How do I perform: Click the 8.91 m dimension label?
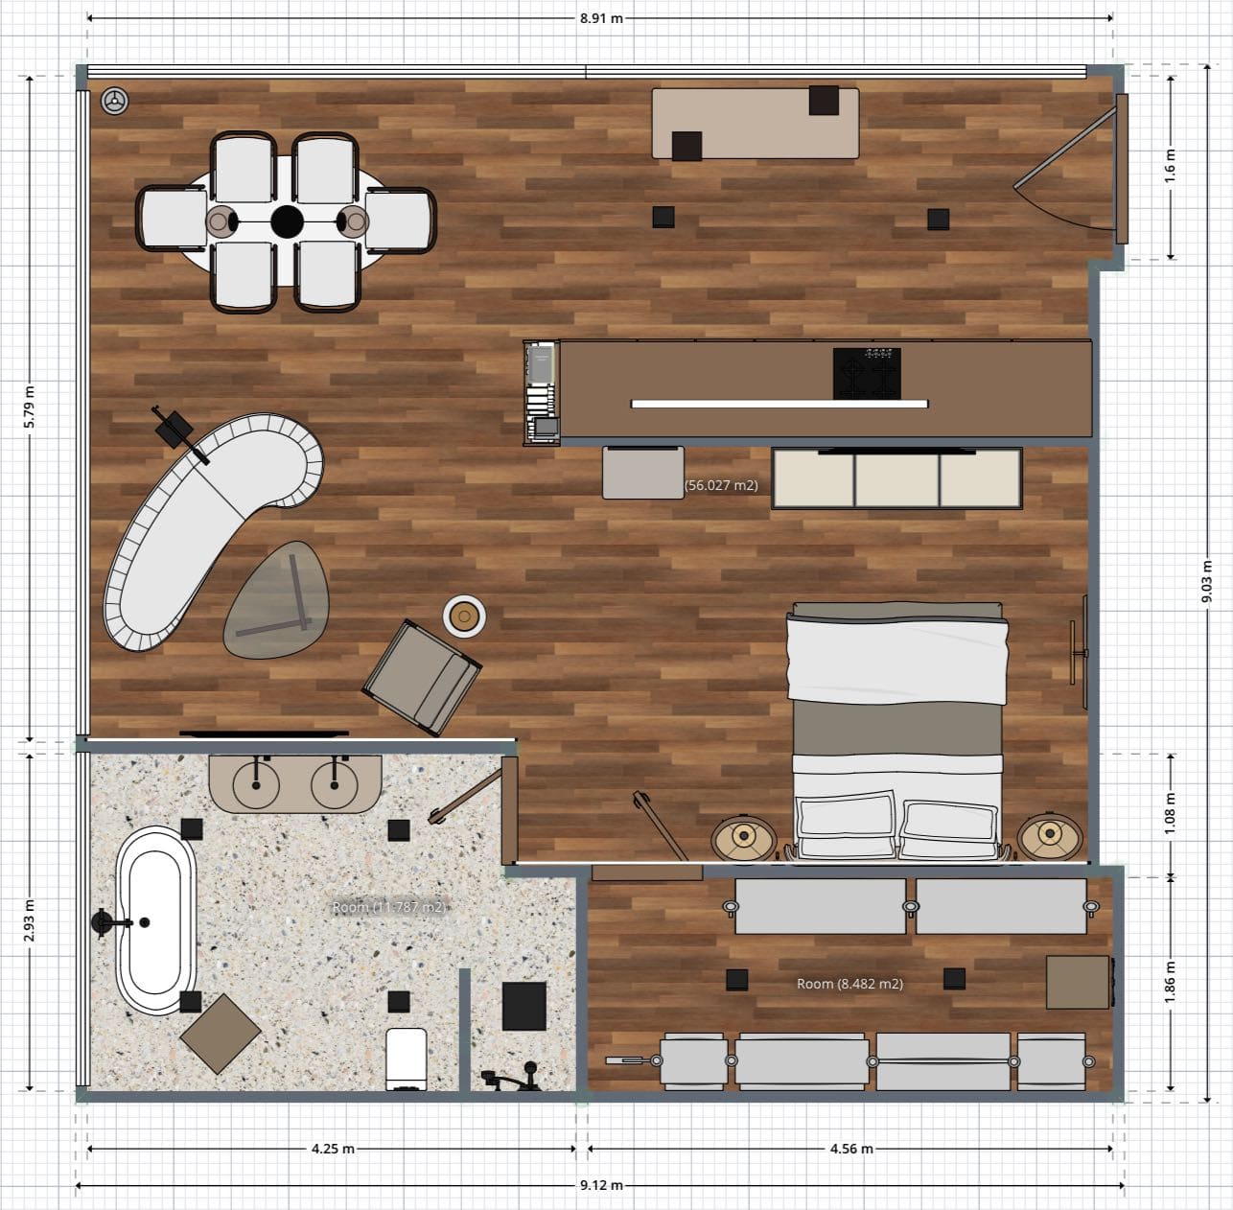[x=600, y=17]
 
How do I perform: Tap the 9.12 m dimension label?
[x=600, y=1185]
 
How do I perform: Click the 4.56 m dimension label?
[x=850, y=1148]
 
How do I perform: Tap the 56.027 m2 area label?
[x=721, y=485]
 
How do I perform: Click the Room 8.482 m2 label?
[x=849, y=983]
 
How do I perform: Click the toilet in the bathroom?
[x=405, y=1058]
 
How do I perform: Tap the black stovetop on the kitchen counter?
[x=867, y=373]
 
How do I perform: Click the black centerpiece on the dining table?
[x=287, y=221]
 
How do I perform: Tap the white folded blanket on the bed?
[x=896, y=657]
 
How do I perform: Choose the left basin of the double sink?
[x=257, y=785]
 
